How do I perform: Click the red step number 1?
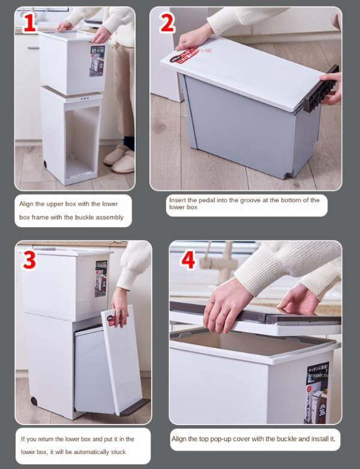[x=29, y=22]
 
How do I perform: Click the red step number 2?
[x=167, y=23]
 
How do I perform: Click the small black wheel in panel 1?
[x=46, y=165]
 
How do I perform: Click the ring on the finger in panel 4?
[x=222, y=314]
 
